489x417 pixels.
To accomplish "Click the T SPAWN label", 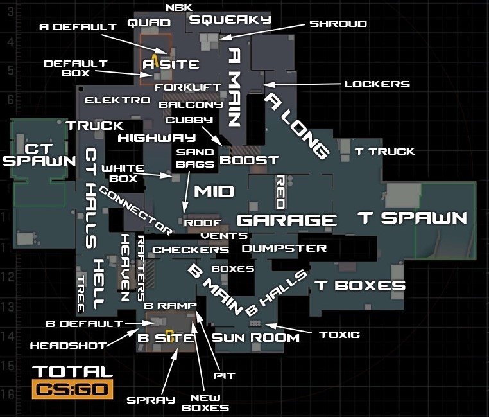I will (x=413, y=218).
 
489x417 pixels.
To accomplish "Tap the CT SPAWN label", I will (x=39, y=151).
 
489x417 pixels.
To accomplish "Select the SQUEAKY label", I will (x=230, y=20).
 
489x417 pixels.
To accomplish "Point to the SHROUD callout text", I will (x=338, y=24).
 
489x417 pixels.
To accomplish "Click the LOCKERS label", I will (x=377, y=84).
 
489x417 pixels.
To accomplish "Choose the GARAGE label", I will (x=287, y=220).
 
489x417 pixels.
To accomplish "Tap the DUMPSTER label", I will (x=284, y=248).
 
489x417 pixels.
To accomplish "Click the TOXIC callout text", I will (x=339, y=335).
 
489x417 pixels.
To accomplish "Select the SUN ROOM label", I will (x=255, y=338).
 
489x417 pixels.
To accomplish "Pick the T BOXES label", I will (x=359, y=286).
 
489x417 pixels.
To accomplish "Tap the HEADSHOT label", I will (x=68, y=346).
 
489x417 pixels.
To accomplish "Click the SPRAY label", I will (x=150, y=400).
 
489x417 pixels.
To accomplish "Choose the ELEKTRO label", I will (x=117, y=101).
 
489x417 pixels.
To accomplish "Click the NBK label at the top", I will (x=178, y=8).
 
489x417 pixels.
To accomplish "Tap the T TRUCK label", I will (x=385, y=152).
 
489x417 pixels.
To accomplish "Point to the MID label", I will (x=214, y=191).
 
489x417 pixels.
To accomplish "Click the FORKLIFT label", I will (x=187, y=87).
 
